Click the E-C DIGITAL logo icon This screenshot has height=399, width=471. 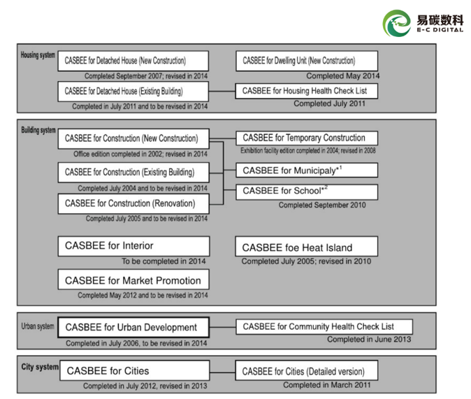[396, 24]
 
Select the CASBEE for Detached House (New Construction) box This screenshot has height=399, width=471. [133, 61]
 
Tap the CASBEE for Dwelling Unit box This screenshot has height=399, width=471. [306, 61]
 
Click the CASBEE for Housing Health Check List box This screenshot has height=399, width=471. [306, 91]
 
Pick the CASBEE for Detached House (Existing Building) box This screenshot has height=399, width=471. [133, 91]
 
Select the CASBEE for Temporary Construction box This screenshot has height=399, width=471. [306, 138]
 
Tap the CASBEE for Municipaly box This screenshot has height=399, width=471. [306, 171]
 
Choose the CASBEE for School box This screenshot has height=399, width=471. [306, 191]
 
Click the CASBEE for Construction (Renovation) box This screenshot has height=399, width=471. [133, 203]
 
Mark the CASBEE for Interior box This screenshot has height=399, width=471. [133, 246]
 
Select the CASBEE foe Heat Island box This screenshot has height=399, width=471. [306, 247]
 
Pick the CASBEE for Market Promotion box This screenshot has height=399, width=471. [133, 280]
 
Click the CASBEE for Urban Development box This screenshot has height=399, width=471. [133, 327]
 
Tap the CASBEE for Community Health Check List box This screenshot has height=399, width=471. [324, 326]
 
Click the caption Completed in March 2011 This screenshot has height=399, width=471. [327, 385]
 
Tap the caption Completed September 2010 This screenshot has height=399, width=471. [321, 205]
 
